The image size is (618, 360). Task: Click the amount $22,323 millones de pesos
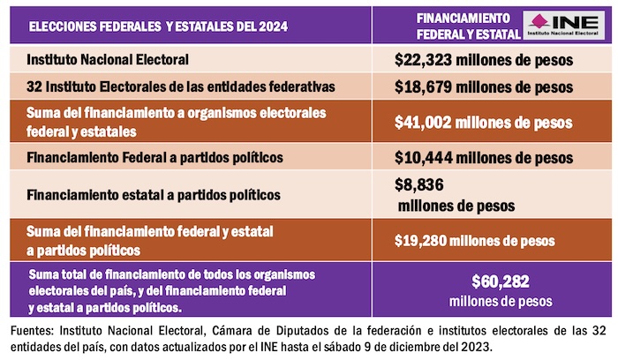click(x=484, y=61)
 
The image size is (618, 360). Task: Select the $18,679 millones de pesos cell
click(x=484, y=87)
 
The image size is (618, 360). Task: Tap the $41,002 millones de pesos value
click(x=484, y=122)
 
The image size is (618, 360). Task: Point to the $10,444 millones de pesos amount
click(x=484, y=159)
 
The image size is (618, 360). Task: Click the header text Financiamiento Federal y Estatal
click(x=462, y=26)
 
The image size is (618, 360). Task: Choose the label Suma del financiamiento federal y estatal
click(x=150, y=231)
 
